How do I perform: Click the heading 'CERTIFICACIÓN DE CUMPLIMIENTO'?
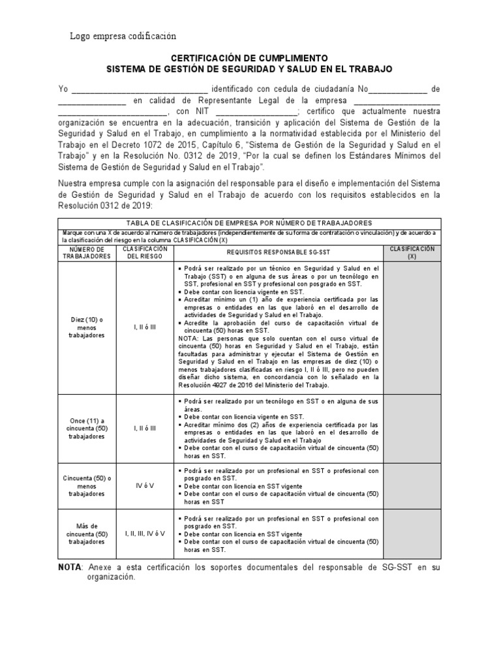tap(250, 58)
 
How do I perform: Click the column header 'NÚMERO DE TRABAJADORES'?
tap(87, 253)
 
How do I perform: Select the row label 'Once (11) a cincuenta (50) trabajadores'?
tap(87, 427)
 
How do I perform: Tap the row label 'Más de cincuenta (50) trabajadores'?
tap(87, 533)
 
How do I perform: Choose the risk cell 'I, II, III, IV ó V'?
tap(144, 533)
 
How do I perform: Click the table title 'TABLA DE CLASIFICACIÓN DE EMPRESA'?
tap(250, 223)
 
